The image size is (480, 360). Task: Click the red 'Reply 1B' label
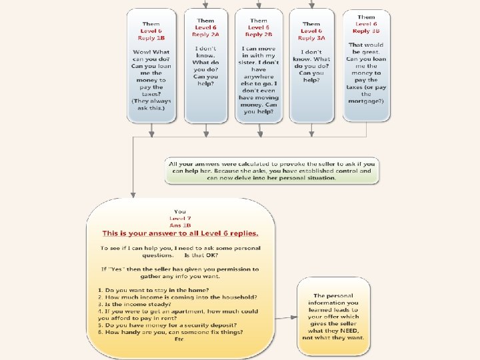point(151,38)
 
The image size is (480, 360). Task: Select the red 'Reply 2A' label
point(205,34)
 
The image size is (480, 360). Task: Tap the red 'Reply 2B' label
point(259,34)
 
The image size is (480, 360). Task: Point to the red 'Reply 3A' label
point(311,38)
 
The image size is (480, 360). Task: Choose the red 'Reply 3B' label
point(366,31)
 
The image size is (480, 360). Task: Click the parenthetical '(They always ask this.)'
point(151,104)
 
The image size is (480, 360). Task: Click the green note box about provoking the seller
point(271,171)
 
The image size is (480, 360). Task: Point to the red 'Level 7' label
point(180,219)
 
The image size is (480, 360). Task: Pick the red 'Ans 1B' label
point(180,225)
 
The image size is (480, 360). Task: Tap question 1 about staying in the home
point(153,290)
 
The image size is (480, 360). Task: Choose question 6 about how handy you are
point(170,332)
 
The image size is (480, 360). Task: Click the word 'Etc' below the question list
point(179,339)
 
